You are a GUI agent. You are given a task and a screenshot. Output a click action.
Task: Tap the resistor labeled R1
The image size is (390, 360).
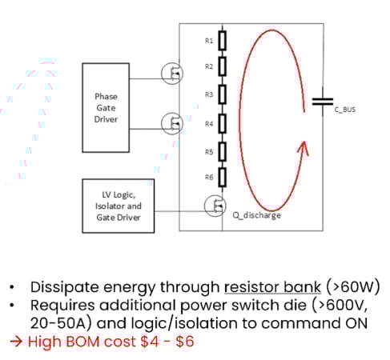click(223, 39)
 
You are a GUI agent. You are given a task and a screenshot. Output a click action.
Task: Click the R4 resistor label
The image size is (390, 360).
click(208, 125)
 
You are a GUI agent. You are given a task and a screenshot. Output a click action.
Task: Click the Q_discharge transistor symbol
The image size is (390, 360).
click(216, 206)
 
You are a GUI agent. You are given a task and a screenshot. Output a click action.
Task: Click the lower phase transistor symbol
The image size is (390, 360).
click(171, 122)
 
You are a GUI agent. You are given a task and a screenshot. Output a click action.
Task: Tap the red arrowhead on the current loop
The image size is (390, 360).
click(301, 150)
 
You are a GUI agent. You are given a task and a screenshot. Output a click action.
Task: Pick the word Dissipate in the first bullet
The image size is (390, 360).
click(62, 286)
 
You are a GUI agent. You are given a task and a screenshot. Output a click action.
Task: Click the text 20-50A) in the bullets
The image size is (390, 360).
click(58, 323)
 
